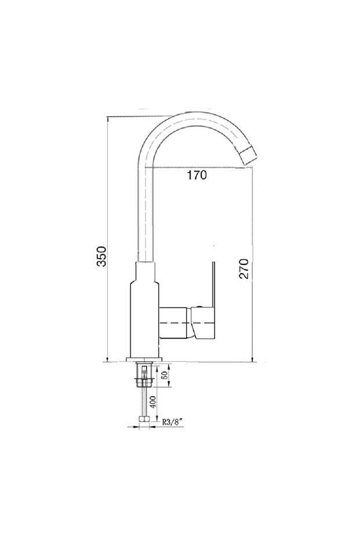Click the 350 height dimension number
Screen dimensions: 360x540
pyautogui.click(x=101, y=256)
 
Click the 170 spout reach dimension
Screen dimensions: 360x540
pyautogui.click(x=197, y=175)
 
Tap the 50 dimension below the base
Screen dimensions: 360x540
pyautogui.click(x=165, y=375)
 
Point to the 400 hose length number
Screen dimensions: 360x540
pyautogui.click(x=152, y=401)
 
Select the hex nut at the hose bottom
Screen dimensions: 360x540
pyautogui.click(x=144, y=419)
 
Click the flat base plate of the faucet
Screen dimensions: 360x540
pyautogui.click(x=144, y=360)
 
